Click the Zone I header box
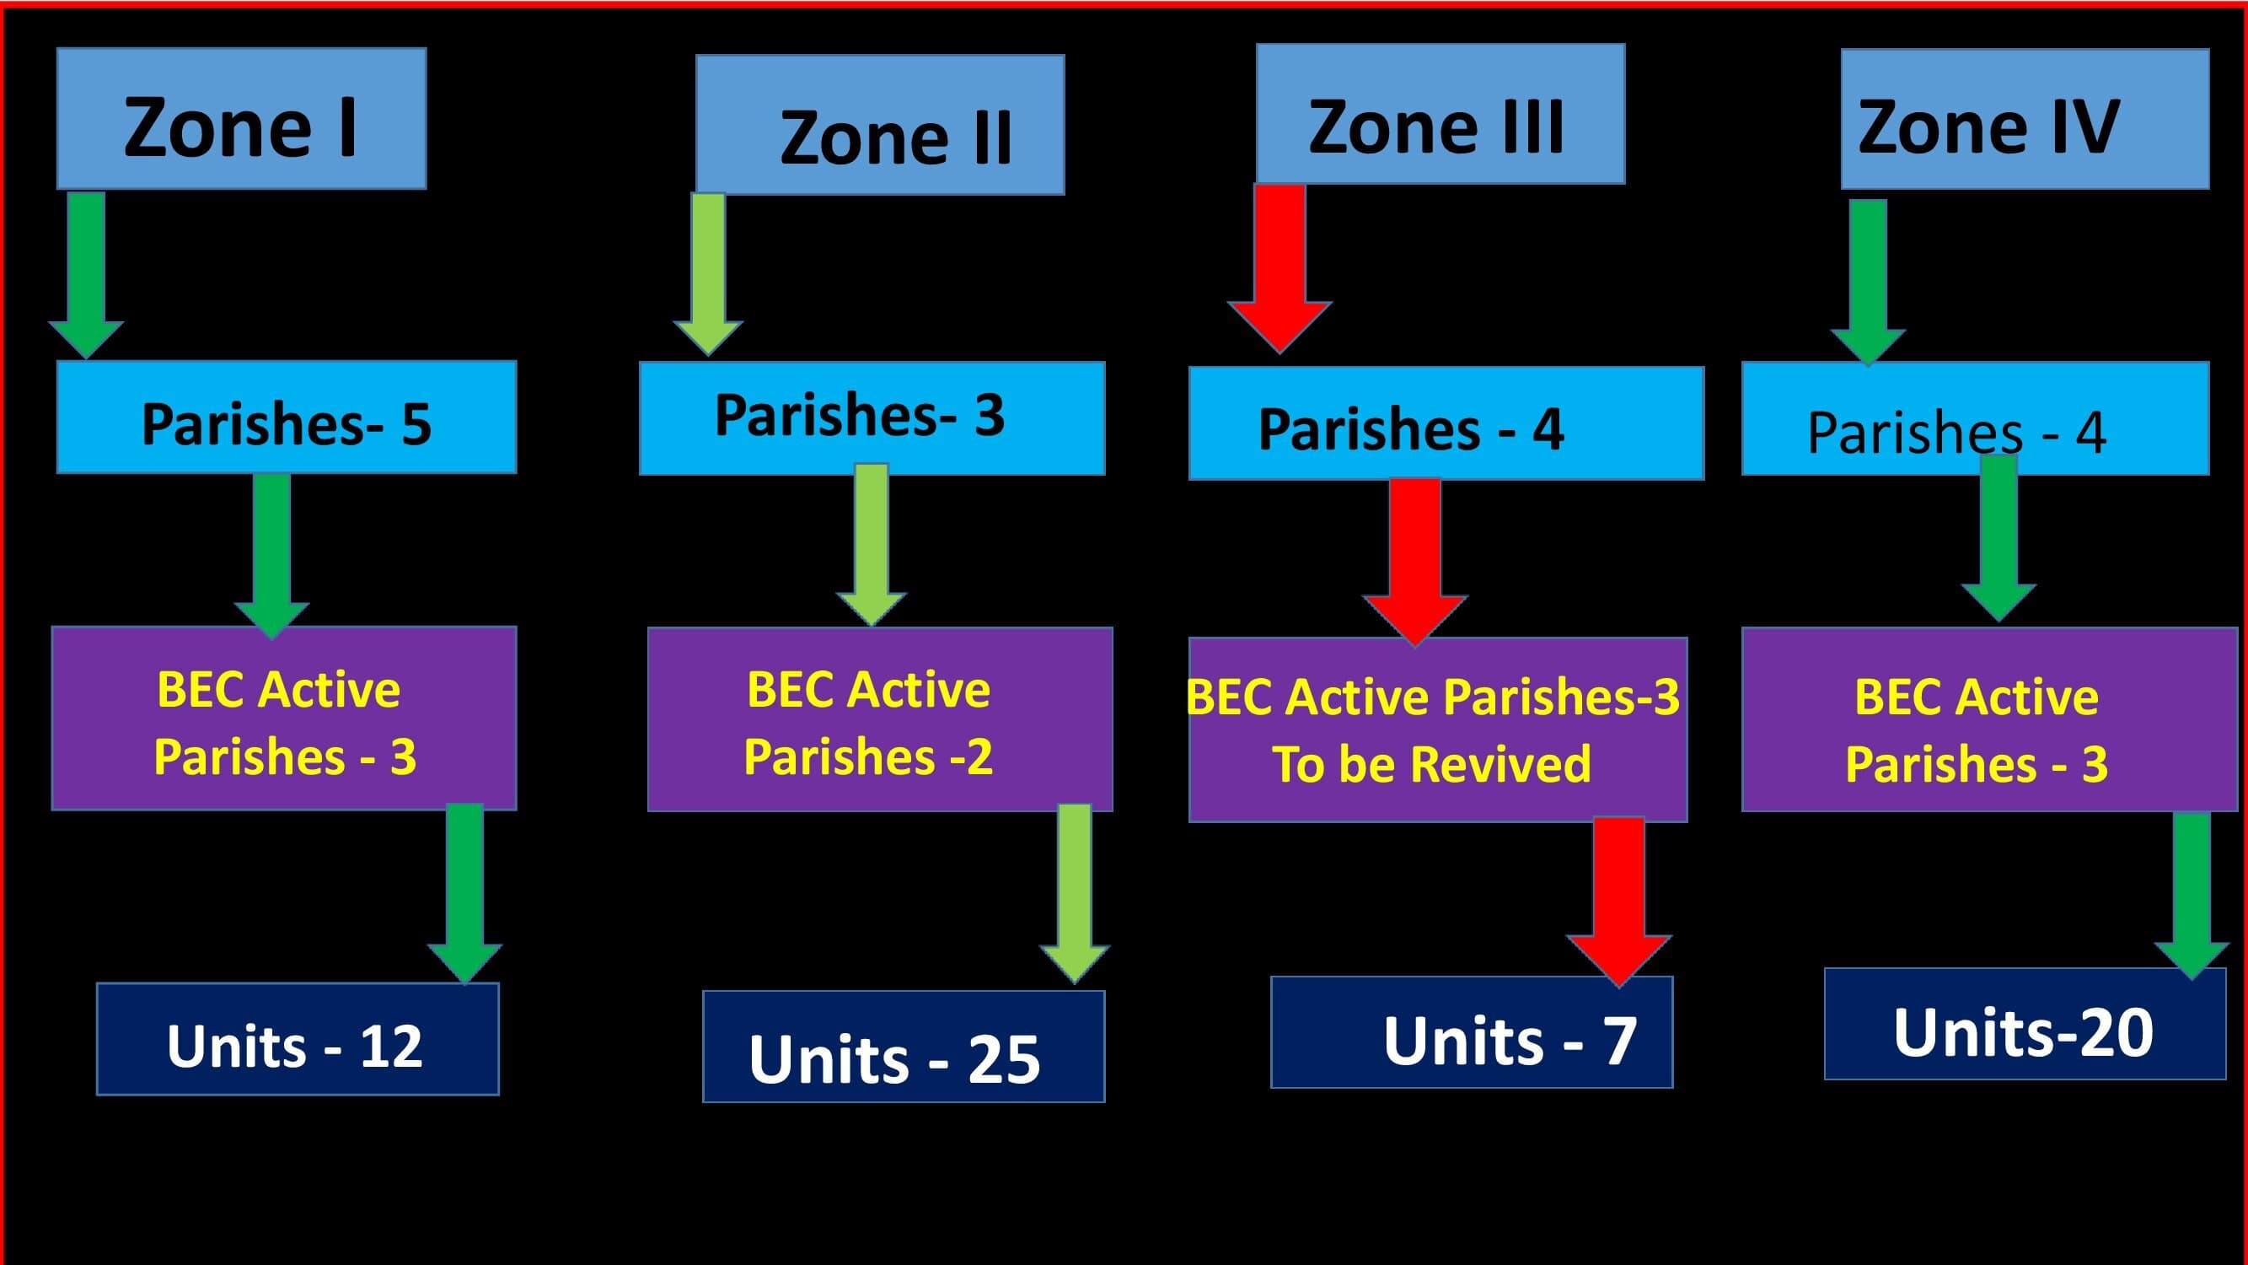point(242,118)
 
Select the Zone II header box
point(881,125)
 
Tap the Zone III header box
point(1441,114)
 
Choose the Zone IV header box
point(2025,119)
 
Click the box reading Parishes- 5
point(287,417)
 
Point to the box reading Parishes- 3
point(872,418)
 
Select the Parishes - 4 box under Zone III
point(1447,423)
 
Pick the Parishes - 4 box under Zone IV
point(1976,418)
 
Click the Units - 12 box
point(298,1039)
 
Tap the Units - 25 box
point(904,1047)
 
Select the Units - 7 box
point(1473,1032)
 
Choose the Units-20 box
point(2025,1024)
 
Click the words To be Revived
point(1431,765)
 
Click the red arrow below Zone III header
point(1280,268)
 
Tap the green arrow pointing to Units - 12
point(465,893)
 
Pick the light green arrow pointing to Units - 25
point(1074,894)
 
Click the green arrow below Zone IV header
point(1869,282)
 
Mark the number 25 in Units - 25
point(1005,1060)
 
